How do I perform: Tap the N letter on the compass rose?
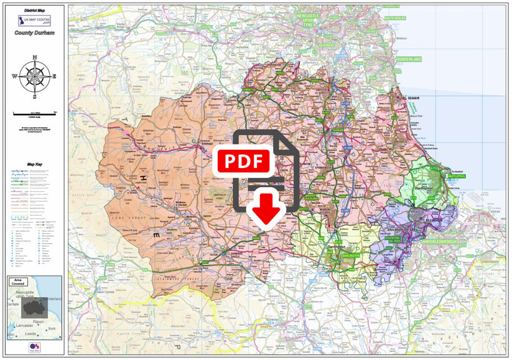point(34,57)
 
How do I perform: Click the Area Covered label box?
point(18,282)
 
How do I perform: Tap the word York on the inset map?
point(53,328)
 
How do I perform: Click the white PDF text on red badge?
point(243,161)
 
